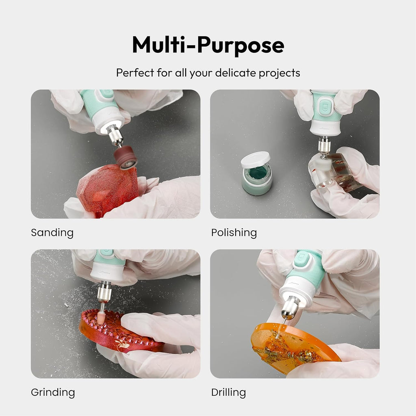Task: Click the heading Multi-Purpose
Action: [x=208, y=45]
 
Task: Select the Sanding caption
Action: [x=52, y=232]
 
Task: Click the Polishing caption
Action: [x=234, y=233]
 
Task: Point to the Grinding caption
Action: [x=53, y=392]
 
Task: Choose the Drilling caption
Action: [x=228, y=392]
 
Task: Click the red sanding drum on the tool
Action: [x=125, y=157]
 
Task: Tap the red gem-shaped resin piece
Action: [x=107, y=190]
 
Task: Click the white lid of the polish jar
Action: [x=256, y=159]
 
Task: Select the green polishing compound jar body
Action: [x=257, y=180]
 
